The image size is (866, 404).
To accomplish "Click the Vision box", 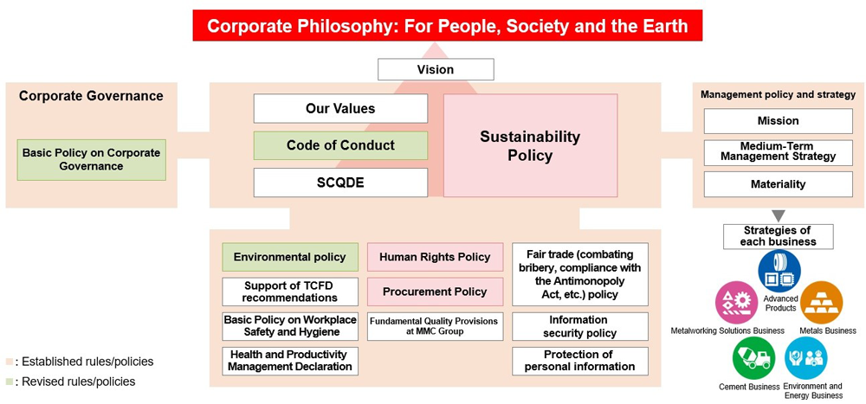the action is (x=436, y=69).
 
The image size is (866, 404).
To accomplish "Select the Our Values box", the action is (x=340, y=108).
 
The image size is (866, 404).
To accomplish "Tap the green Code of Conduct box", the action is (x=340, y=145).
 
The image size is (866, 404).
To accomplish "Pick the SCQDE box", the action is (x=340, y=183).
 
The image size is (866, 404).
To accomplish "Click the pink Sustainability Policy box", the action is (x=530, y=145).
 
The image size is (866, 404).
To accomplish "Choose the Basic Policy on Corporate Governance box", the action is (x=92, y=159).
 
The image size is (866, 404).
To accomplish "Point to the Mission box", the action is (x=779, y=121).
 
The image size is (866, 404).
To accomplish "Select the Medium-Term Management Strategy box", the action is (x=779, y=153).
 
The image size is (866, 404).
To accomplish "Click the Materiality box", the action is (x=779, y=184).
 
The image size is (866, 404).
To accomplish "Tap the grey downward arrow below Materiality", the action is (x=779, y=215).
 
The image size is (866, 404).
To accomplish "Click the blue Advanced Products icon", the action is (x=779, y=271).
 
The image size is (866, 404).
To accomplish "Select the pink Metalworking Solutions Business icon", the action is (x=737, y=303).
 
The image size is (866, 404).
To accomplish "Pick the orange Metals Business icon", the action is (x=821, y=303).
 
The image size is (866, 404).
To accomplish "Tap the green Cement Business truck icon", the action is (x=753, y=357).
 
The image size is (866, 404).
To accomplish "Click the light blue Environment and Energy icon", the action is (x=805, y=357).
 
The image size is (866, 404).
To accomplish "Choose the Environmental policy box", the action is (x=290, y=257).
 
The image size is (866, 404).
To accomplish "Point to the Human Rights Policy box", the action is (x=436, y=257).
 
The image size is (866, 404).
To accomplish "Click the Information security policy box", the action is (x=580, y=327).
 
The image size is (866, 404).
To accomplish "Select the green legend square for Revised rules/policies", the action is (x=10, y=382).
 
